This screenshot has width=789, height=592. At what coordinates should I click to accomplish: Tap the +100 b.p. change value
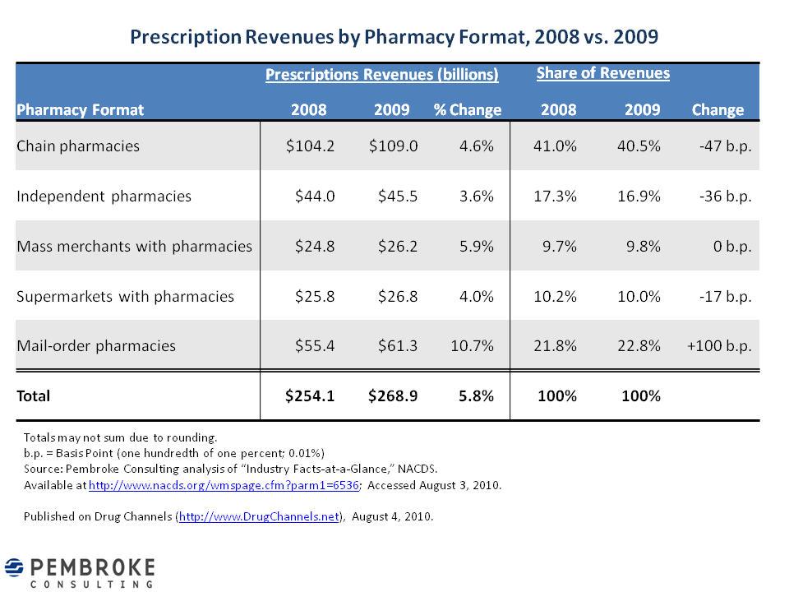point(719,346)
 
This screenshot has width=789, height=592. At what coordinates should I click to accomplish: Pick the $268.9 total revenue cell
point(393,396)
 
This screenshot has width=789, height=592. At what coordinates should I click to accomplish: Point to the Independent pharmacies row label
point(104,197)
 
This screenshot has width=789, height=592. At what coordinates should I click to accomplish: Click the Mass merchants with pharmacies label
point(134,247)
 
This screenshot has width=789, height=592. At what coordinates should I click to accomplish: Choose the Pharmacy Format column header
point(81,110)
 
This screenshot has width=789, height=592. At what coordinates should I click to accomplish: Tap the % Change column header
point(468,110)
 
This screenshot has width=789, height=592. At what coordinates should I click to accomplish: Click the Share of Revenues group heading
point(603,73)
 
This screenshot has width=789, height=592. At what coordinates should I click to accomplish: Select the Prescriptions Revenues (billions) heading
point(381,75)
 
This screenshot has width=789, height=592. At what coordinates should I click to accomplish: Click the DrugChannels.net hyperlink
point(259,516)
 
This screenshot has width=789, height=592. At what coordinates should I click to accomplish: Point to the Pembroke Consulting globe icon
point(15,567)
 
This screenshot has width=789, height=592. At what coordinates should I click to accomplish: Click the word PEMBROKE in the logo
point(92,567)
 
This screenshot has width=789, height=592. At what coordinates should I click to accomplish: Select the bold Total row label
point(34,396)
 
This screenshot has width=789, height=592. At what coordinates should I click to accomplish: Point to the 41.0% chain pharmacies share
point(558,146)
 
